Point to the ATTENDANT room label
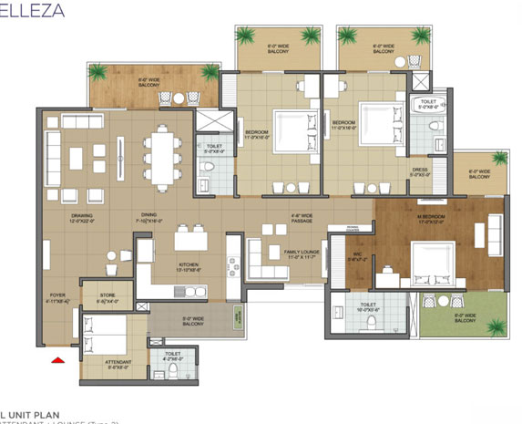pos(118,364)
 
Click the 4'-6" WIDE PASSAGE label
pos(301,219)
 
